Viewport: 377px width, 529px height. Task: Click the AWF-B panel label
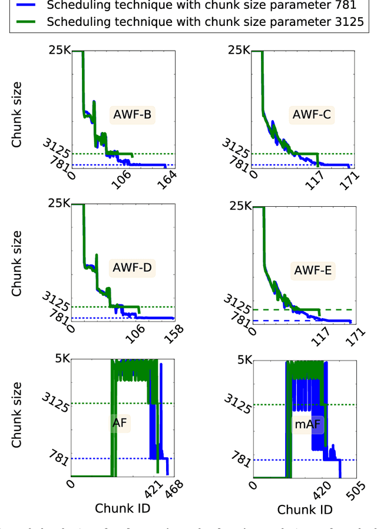click(x=132, y=114)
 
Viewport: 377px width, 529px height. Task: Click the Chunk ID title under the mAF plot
click(x=305, y=509)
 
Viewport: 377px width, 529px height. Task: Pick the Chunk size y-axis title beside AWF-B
click(x=17, y=115)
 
